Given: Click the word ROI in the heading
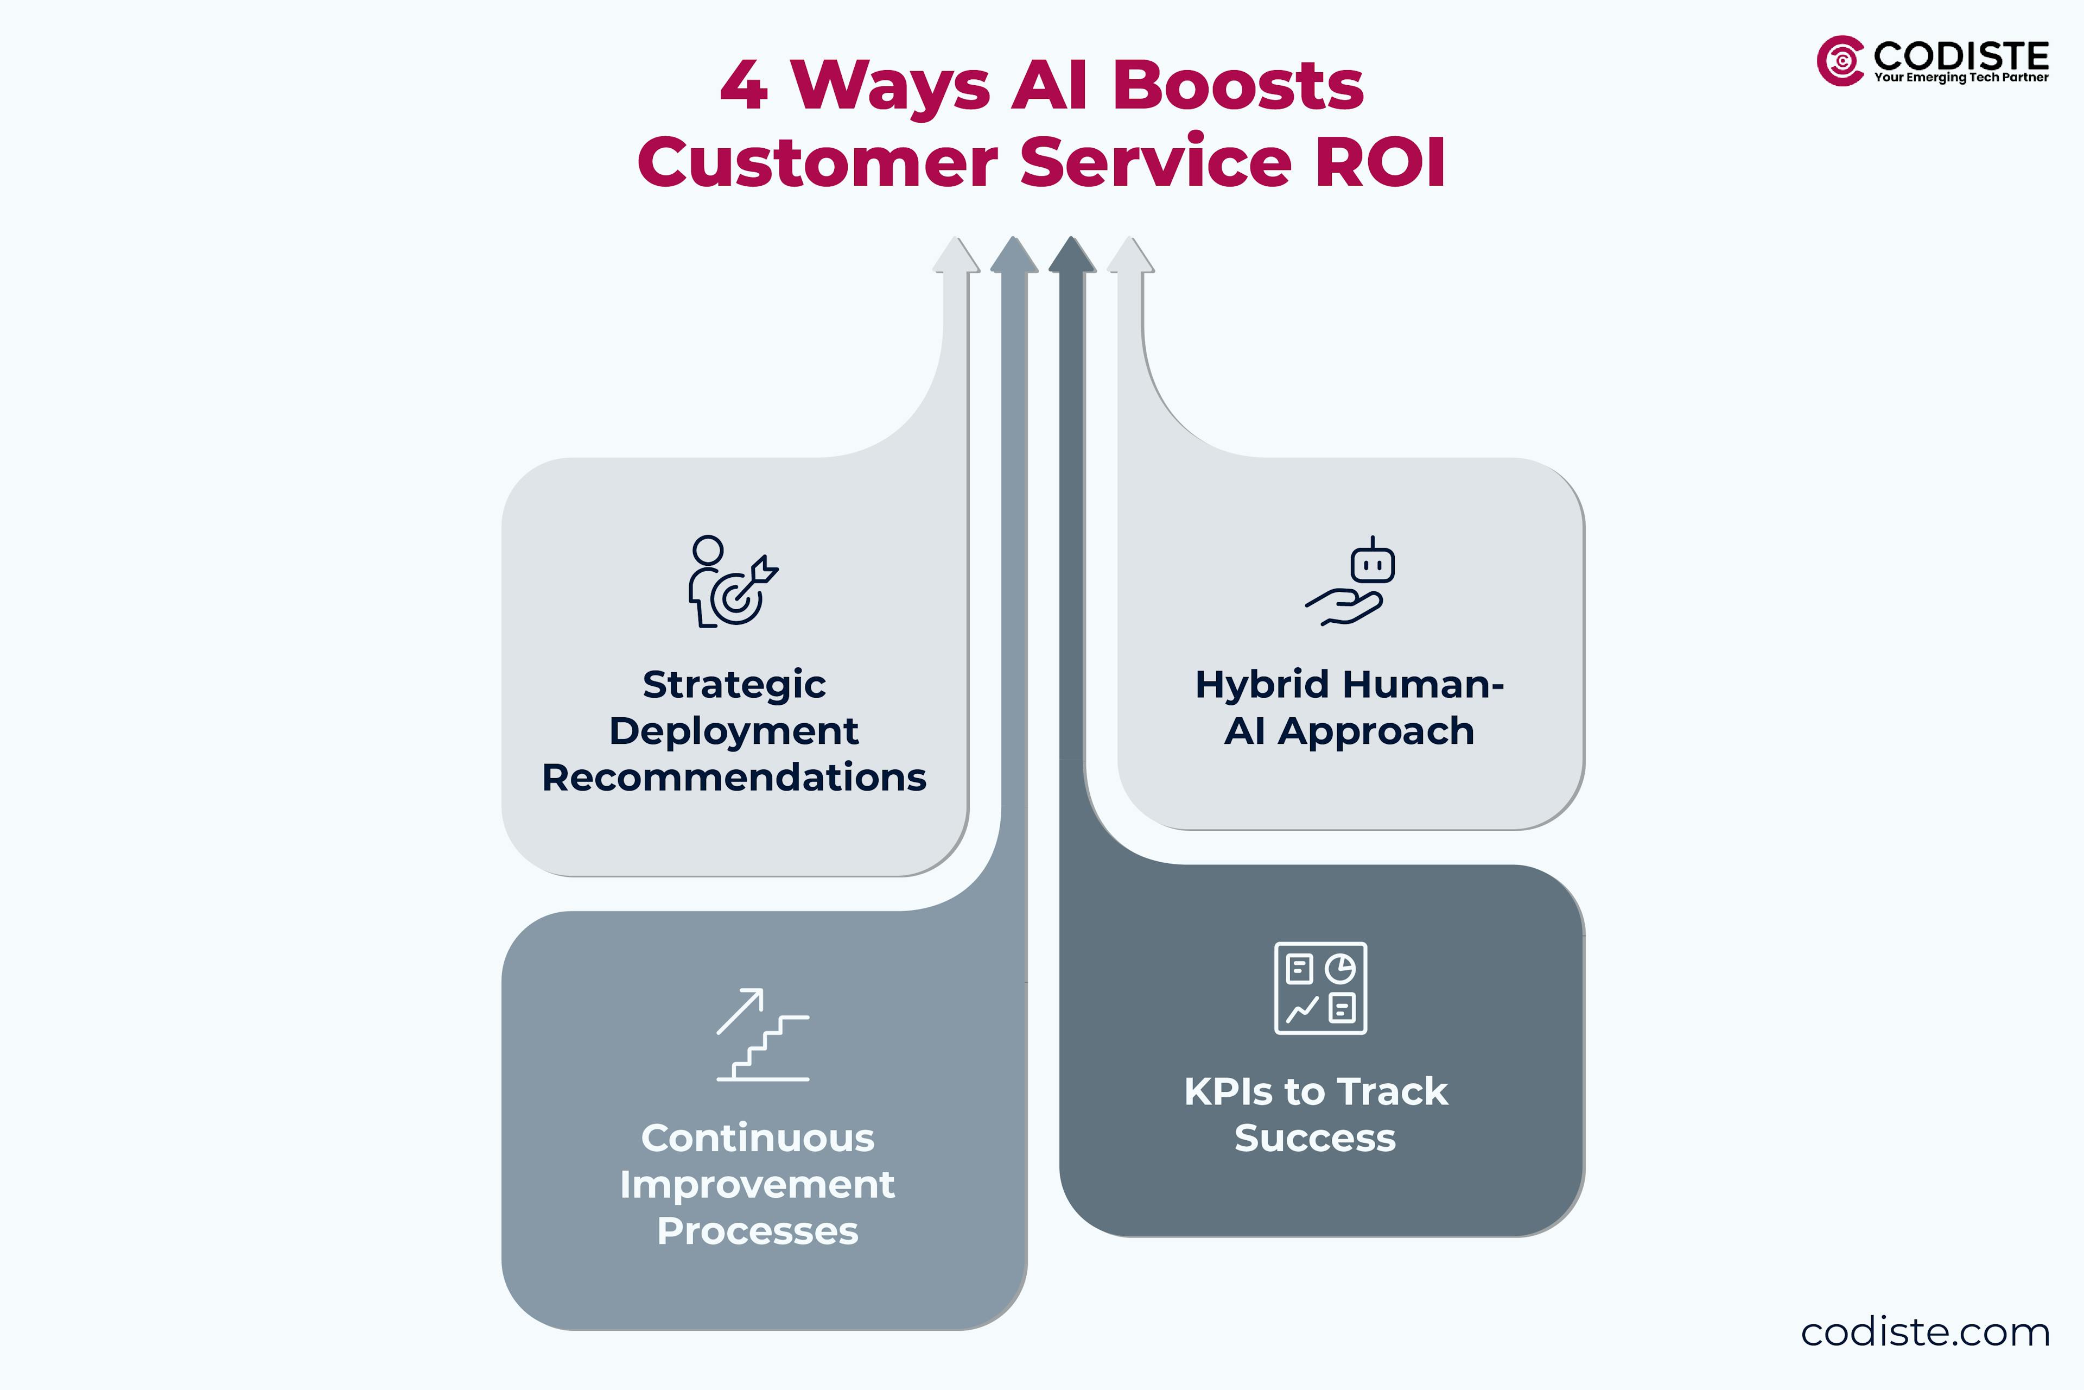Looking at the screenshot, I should pyautogui.click(x=1381, y=163).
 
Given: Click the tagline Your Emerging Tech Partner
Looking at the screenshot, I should pyautogui.click(x=1961, y=78).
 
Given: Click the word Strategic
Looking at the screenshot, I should pyautogui.click(x=734, y=684).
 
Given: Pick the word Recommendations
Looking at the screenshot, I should pyautogui.click(x=734, y=778).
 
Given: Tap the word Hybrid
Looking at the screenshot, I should pyautogui.click(x=1261, y=684).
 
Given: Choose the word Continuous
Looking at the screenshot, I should pyautogui.click(x=758, y=1138).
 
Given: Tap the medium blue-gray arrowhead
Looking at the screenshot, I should pyautogui.click(x=1014, y=256).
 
